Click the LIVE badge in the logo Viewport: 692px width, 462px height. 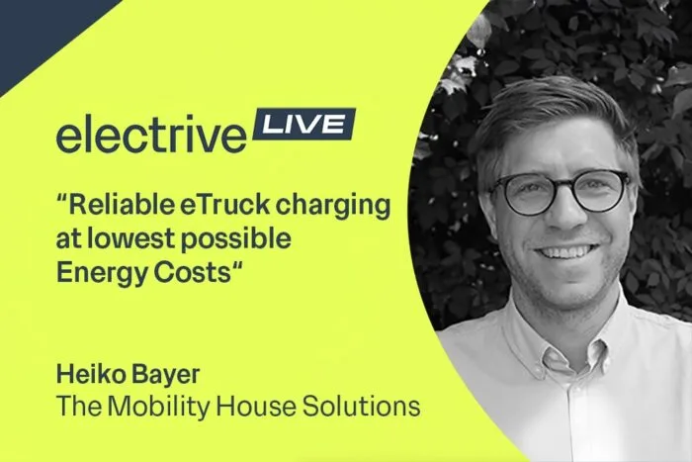pyautogui.click(x=304, y=124)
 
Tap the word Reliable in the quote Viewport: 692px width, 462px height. pyautogui.click(x=121, y=205)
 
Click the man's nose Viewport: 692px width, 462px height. pyautogui.click(x=564, y=213)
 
